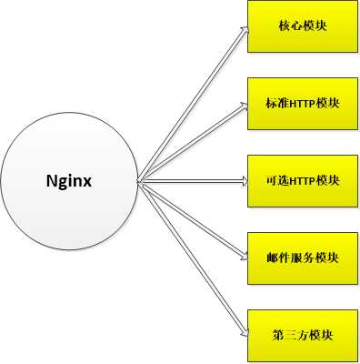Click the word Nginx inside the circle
click(69, 180)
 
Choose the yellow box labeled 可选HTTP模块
click(302, 180)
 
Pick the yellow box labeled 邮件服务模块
click(302, 258)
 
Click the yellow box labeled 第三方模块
click(302, 335)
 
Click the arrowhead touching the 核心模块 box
click(243, 30)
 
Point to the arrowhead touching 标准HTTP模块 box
click(243, 106)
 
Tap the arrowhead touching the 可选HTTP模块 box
click(243, 181)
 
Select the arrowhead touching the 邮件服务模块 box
click(243, 258)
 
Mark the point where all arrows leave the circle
click(138, 182)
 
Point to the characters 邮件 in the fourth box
click(275, 258)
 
